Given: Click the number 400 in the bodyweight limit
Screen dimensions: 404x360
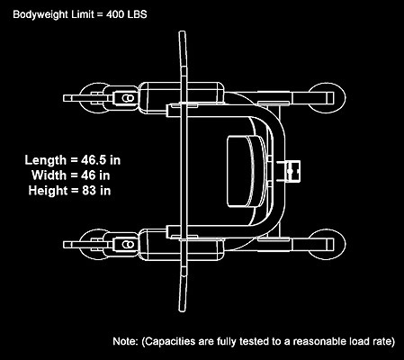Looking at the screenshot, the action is (115, 14).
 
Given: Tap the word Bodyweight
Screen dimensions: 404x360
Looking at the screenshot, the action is (40, 14).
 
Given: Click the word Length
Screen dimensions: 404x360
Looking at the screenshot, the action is (45, 160).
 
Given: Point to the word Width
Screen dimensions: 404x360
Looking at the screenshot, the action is (49, 175).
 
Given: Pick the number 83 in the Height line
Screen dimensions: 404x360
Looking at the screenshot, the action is (89, 190).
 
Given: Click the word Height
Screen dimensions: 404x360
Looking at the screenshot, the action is (48, 191).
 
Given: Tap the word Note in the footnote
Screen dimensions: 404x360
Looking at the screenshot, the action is (125, 341).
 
